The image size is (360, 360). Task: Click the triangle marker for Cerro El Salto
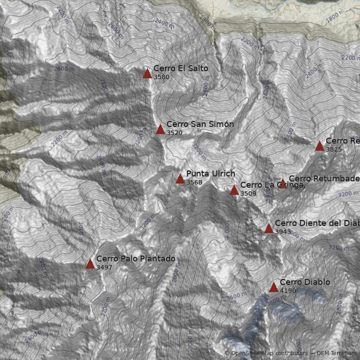click(x=147, y=73)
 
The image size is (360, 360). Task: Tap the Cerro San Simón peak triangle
click(x=160, y=130)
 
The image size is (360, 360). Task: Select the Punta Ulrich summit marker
click(x=180, y=179)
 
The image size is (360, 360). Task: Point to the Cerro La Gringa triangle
click(x=234, y=190)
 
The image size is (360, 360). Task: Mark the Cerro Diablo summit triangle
click(x=274, y=287)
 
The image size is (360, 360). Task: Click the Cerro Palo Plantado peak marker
click(x=90, y=264)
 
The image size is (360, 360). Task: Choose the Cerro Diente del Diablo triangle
click(x=269, y=228)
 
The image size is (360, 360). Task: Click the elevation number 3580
click(x=162, y=77)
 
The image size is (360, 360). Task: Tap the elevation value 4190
click(x=288, y=291)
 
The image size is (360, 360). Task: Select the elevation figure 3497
click(x=104, y=267)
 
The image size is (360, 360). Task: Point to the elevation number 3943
click(x=283, y=232)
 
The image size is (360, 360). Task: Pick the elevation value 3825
click(x=334, y=149)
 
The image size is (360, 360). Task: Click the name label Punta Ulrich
click(x=211, y=174)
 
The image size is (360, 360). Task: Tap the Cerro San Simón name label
click(x=200, y=124)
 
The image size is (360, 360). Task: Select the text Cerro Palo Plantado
click(x=136, y=259)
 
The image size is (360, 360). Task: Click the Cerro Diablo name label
click(x=305, y=282)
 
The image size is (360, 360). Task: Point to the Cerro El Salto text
click(x=181, y=68)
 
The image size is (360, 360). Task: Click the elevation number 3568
click(x=194, y=182)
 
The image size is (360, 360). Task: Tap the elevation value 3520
click(x=175, y=133)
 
